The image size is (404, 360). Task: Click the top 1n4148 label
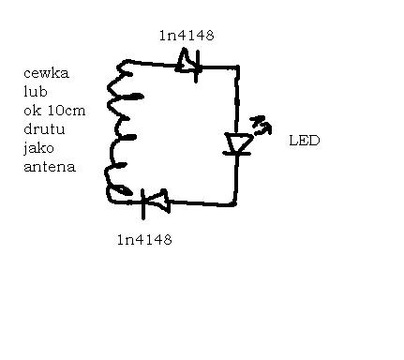coord(187,37)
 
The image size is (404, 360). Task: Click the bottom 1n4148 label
coord(143,239)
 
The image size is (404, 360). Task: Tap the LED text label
coord(304,141)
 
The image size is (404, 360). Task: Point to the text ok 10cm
coord(53,111)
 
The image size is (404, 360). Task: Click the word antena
coord(49,168)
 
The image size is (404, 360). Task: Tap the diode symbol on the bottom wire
coord(151,199)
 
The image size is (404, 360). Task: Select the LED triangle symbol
coord(238,143)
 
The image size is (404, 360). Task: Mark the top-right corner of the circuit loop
coord(237,68)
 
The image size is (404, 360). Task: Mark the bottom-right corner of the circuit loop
coord(234,202)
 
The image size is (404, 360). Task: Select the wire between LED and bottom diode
coord(202,201)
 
